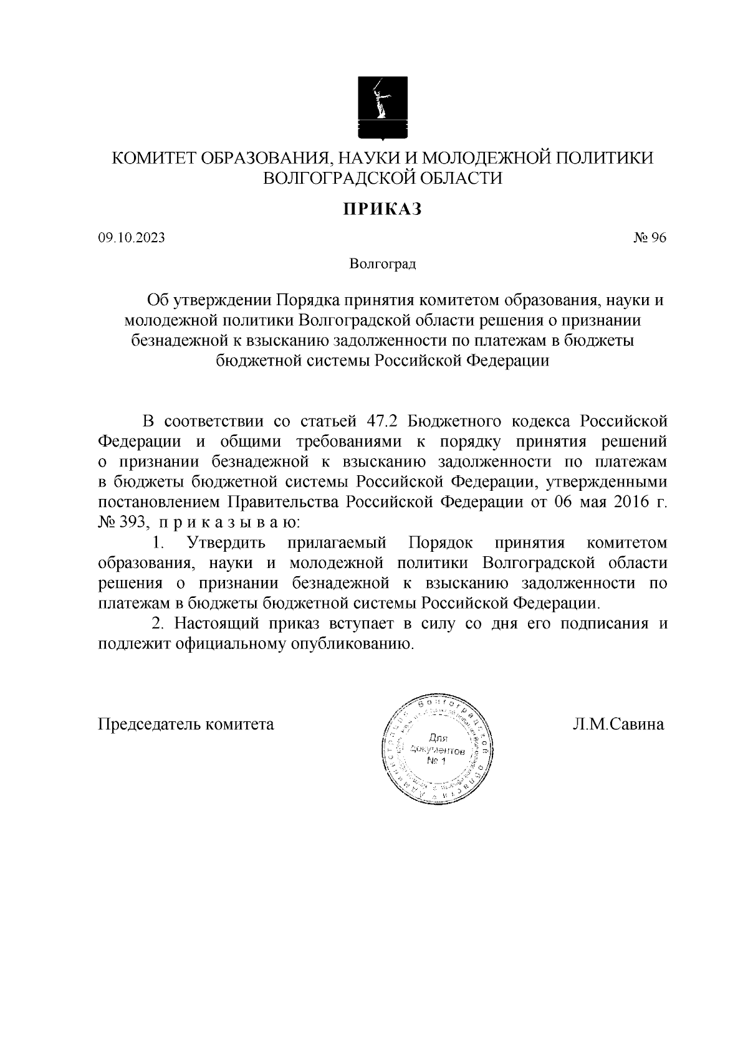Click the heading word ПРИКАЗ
pyautogui.click(x=381, y=209)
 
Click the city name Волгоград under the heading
pyautogui.click(x=382, y=264)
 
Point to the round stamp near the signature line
pyautogui.click(x=436, y=747)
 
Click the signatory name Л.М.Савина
pyautogui.click(x=618, y=724)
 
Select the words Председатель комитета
pyautogui.click(x=186, y=724)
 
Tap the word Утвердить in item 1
pyautogui.click(x=226, y=543)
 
